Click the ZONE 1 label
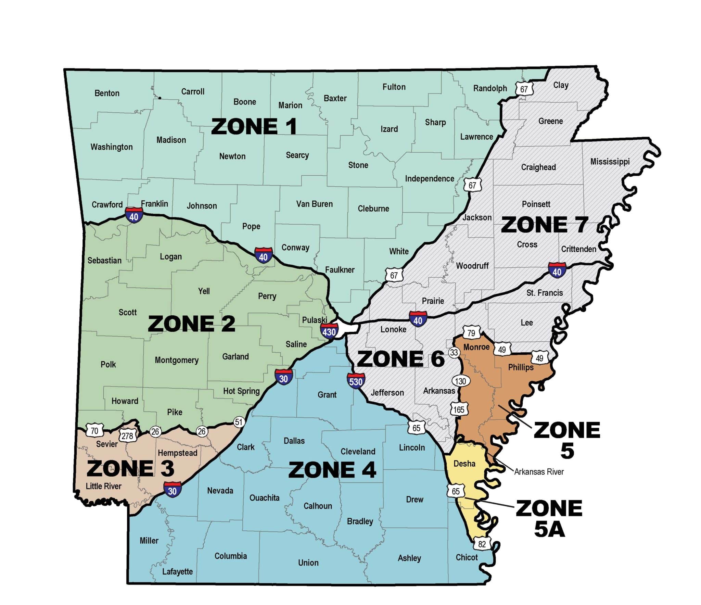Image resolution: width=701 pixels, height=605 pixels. point(254,126)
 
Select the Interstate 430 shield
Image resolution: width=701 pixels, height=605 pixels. point(329,331)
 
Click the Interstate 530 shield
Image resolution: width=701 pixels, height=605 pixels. point(356,381)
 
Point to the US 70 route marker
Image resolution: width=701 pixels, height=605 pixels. point(94,430)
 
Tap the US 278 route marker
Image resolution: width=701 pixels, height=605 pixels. point(127,436)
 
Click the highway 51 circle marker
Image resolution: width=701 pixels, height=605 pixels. point(239,422)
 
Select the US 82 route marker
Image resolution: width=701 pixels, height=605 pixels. point(482,544)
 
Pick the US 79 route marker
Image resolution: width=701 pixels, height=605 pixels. point(471,333)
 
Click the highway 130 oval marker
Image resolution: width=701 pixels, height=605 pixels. point(460,381)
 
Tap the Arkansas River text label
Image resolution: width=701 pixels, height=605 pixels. point(539,471)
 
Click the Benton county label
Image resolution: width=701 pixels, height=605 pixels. point(107,93)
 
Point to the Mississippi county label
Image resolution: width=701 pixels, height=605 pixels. point(610,161)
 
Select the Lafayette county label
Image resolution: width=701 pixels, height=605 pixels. point(177,571)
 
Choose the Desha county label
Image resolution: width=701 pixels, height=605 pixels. point(464,463)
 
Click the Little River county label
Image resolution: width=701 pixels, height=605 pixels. point(103,486)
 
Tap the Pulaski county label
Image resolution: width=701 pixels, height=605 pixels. point(314,320)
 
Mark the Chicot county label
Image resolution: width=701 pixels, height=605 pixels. point(467,557)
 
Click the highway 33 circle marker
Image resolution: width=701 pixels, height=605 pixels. point(454,352)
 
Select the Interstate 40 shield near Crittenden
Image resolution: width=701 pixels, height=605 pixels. point(557,270)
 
